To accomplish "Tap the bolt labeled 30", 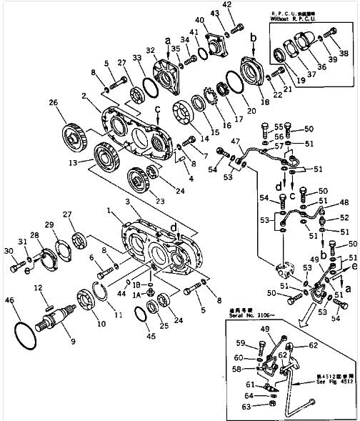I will point(17,269).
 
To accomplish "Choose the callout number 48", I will point(345,202).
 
